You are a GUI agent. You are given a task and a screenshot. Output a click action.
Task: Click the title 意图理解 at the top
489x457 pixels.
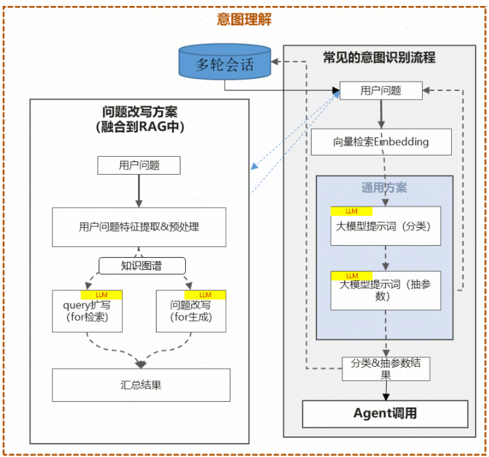244,19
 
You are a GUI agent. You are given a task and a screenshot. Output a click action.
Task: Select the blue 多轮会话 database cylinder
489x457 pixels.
225,65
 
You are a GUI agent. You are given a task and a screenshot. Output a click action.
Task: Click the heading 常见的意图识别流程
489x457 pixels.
379,57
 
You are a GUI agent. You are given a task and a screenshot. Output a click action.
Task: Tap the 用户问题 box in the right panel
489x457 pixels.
380,90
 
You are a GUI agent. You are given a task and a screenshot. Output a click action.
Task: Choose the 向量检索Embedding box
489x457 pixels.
381,141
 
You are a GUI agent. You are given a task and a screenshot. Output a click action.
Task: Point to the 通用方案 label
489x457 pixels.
384,187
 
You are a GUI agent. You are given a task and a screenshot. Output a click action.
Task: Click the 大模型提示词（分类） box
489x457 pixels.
385,227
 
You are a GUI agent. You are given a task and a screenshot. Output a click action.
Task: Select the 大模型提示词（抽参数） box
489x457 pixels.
385,290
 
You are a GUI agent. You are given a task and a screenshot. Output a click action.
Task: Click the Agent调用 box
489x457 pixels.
385,414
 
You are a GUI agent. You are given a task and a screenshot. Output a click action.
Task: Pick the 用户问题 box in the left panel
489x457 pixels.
139,165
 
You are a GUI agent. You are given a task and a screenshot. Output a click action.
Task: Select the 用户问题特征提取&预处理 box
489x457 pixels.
139,227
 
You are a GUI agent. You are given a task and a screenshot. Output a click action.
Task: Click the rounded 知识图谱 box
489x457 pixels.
141,266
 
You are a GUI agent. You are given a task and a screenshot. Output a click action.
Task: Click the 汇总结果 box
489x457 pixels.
141,385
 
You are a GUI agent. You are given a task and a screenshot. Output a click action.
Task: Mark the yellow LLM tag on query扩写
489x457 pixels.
102,294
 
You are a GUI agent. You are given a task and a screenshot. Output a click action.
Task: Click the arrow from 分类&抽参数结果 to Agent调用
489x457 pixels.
384,391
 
